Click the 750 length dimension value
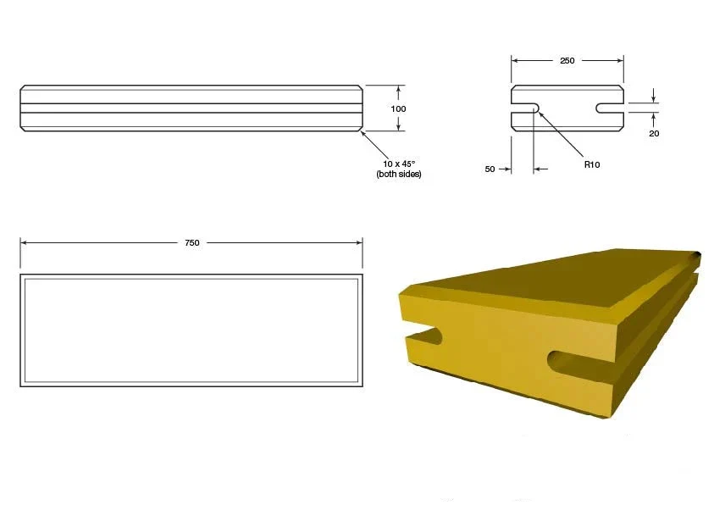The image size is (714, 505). pyautogui.click(x=192, y=242)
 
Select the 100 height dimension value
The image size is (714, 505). pyautogui.click(x=398, y=108)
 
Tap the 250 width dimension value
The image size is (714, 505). pyautogui.click(x=567, y=60)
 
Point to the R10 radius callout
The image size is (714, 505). pyautogui.click(x=592, y=164)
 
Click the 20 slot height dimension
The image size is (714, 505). pyautogui.click(x=654, y=133)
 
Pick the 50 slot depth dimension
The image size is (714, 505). pyautogui.click(x=490, y=169)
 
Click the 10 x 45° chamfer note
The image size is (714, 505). pyautogui.click(x=399, y=164)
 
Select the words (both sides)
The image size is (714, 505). pyautogui.click(x=399, y=174)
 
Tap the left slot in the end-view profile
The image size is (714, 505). pyautogui.click(x=525, y=108)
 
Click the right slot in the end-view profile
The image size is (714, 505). pyautogui.click(x=610, y=108)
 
